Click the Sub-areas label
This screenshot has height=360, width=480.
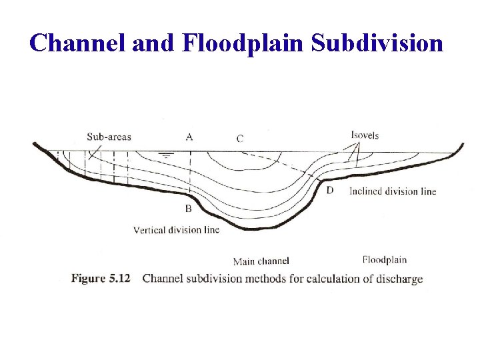point(109,137)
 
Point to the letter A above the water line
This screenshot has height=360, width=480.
point(189,137)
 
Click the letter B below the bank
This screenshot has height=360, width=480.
point(189,209)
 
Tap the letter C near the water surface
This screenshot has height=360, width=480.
point(240,139)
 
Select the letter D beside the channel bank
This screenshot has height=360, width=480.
point(329,191)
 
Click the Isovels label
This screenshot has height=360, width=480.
point(365,135)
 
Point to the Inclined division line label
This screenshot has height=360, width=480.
point(393,191)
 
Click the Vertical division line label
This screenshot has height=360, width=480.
point(176,230)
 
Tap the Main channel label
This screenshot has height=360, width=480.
point(261,261)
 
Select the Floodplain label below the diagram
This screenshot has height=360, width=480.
point(385,259)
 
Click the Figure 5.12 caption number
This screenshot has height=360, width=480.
point(101,278)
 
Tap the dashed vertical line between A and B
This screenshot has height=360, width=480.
point(191,173)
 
